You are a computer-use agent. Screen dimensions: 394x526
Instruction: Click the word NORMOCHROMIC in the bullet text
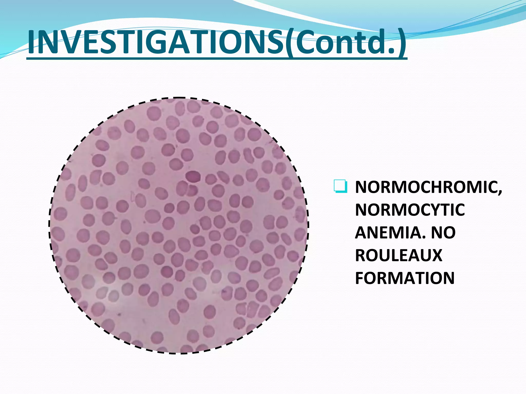click(x=426, y=188)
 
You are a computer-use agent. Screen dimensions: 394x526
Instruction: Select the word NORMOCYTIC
click(x=410, y=210)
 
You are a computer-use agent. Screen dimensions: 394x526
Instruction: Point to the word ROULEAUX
click(x=399, y=255)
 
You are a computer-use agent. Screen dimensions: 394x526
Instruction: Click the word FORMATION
click(x=405, y=278)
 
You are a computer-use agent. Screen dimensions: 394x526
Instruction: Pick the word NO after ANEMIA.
click(x=443, y=233)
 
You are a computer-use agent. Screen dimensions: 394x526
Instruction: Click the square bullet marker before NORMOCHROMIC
click(x=341, y=187)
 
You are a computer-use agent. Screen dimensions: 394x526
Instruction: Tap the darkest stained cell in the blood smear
click(x=193, y=176)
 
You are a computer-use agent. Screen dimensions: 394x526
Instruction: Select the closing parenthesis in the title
click(x=401, y=42)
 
